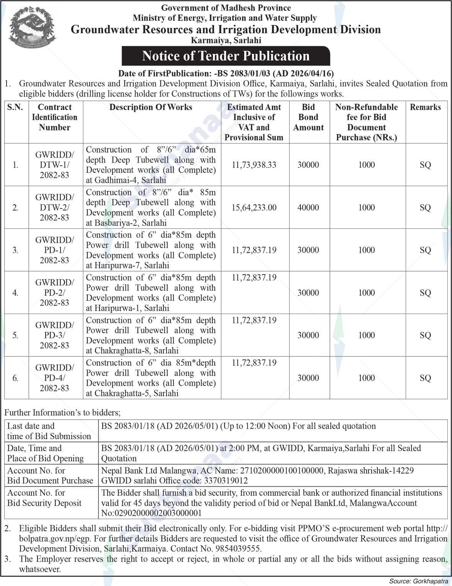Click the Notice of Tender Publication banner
pyautogui.click(x=226, y=56)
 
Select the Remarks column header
pyautogui.click(x=425, y=107)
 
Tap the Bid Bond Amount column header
pyautogui.click(x=308, y=117)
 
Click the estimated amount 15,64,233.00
pyautogui.click(x=254, y=208)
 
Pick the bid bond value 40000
pyautogui.click(x=308, y=208)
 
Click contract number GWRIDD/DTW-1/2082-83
pyautogui.click(x=55, y=165)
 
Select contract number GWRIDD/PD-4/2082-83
pyautogui.click(x=55, y=378)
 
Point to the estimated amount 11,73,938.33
pyautogui.click(x=254, y=165)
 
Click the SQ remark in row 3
pyautogui.click(x=425, y=250)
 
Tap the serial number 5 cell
pyautogui.click(x=16, y=335)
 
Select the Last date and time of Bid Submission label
pyautogui.click(x=49, y=431)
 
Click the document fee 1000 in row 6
pyautogui.click(x=366, y=378)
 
